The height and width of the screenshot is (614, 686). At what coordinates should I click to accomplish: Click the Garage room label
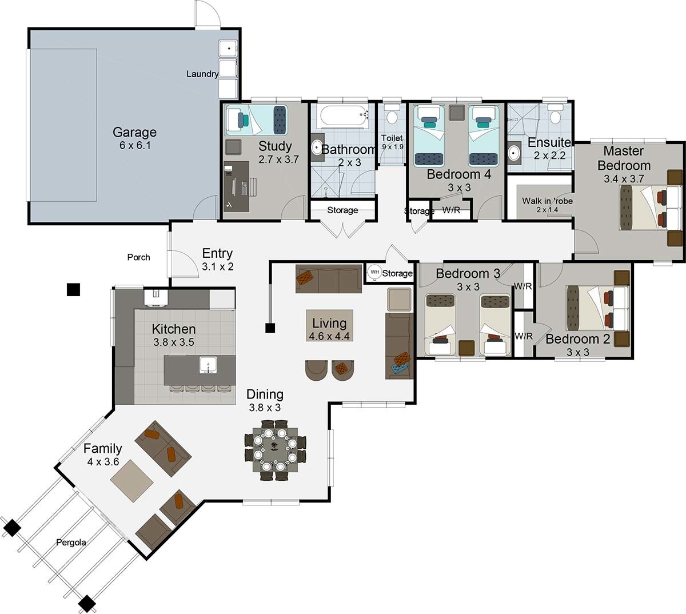134,133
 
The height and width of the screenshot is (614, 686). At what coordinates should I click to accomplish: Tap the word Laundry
202,74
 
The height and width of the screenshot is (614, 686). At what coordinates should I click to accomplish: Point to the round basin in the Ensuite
514,153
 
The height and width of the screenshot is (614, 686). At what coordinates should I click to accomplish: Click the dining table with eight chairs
275,446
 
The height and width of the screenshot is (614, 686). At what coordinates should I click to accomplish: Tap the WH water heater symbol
374,272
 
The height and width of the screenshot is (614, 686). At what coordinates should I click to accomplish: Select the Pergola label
71,542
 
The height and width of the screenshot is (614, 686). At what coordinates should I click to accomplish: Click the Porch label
138,257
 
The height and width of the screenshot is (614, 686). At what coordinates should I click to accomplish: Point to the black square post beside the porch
73,290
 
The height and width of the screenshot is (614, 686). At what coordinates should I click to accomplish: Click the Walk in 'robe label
547,201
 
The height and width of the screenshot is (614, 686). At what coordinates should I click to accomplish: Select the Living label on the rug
329,323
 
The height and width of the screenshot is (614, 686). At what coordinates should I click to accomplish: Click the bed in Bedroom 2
595,307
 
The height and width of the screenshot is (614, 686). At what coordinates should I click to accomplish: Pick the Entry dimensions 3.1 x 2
217,266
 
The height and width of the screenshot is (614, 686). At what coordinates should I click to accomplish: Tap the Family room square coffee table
131,481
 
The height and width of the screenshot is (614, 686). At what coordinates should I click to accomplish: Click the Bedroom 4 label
458,174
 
